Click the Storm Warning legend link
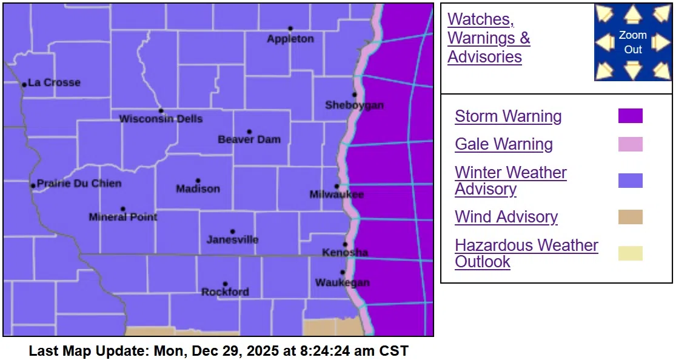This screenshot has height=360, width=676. pyautogui.click(x=508, y=116)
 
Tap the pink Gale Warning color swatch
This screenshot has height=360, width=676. pyautogui.click(x=630, y=144)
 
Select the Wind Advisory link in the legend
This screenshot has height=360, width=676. pyautogui.click(x=506, y=217)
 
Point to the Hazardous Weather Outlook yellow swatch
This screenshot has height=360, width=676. pyautogui.click(x=630, y=253)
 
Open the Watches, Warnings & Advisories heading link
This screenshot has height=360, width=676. pyautogui.click(x=488, y=38)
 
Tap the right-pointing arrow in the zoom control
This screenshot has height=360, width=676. pyautogui.click(x=661, y=42)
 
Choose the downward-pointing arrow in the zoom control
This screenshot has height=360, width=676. pyautogui.click(x=633, y=70)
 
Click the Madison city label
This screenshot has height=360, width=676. pyautogui.click(x=198, y=189)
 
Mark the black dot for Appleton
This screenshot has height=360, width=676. pyautogui.click(x=290, y=28)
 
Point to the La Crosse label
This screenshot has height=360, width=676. pyautogui.click(x=54, y=83)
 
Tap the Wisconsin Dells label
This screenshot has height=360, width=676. pyautogui.click(x=161, y=119)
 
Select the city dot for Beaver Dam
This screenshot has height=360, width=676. pyautogui.click(x=249, y=132)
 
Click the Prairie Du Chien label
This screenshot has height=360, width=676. pyautogui.click(x=79, y=184)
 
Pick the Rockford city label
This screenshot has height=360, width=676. pyautogui.click(x=225, y=292)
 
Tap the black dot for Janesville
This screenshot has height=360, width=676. pyautogui.click(x=232, y=232)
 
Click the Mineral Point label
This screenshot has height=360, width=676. pyautogui.click(x=122, y=217)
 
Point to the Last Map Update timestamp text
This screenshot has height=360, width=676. pyautogui.click(x=218, y=351)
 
